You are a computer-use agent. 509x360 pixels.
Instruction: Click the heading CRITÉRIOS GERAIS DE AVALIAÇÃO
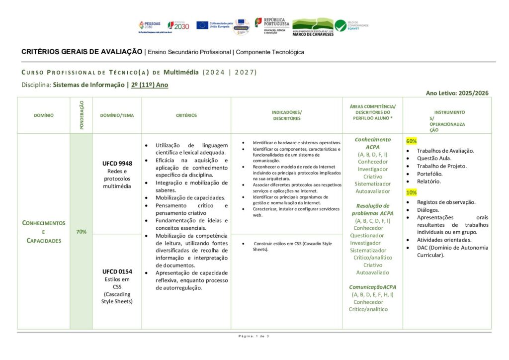click(x=82, y=52)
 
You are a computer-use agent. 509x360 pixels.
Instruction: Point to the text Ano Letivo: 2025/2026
click(x=457, y=93)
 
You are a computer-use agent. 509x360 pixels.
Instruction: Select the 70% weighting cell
click(x=81, y=231)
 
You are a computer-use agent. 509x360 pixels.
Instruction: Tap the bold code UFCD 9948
click(x=117, y=164)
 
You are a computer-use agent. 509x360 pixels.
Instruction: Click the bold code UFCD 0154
click(x=117, y=271)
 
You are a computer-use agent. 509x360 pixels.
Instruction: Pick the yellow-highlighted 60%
click(x=412, y=141)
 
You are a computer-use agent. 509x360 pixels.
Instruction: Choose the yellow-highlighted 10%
click(x=412, y=192)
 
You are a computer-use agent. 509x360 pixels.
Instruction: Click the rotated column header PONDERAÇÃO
click(x=82, y=115)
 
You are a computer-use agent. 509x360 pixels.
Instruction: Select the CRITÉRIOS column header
click(x=186, y=115)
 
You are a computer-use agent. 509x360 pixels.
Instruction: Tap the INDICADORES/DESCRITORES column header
click(x=287, y=115)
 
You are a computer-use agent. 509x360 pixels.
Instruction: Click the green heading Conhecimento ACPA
click(x=373, y=143)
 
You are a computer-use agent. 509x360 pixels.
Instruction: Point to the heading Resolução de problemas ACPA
click(x=373, y=209)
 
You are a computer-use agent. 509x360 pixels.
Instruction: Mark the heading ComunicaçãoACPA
click(x=373, y=287)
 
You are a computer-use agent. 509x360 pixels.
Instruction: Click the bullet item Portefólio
click(x=429, y=174)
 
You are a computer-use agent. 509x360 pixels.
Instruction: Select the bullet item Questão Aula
click(x=434, y=159)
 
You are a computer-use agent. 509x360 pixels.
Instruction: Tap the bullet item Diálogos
click(x=428, y=210)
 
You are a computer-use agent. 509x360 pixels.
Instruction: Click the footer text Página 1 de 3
click(x=254, y=337)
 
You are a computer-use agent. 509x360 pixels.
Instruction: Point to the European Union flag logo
click(x=202, y=25)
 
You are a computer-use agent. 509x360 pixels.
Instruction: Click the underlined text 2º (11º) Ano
click(x=150, y=85)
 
